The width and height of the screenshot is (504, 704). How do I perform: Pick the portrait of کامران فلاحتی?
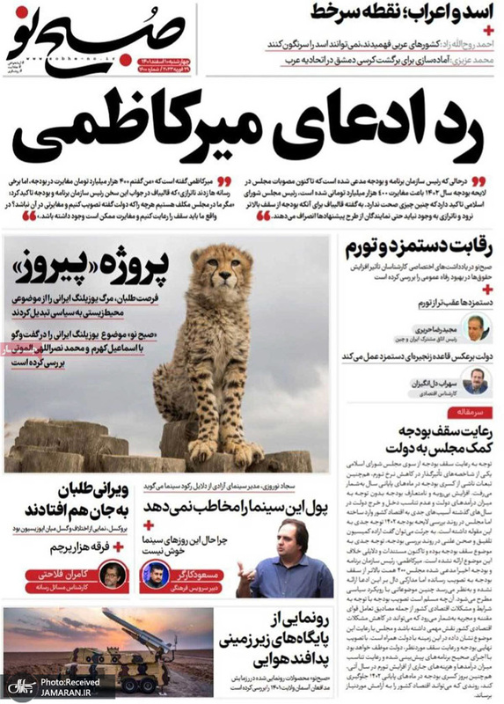(x=109, y=575)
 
